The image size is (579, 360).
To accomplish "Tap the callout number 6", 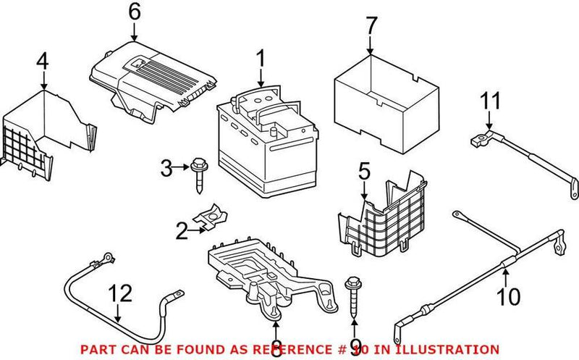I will click(133, 12).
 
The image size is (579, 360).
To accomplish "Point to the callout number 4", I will click(43, 63).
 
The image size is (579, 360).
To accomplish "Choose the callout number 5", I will click(364, 172).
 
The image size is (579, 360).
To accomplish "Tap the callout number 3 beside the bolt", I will click(166, 170).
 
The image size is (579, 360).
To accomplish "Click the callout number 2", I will click(182, 231).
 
